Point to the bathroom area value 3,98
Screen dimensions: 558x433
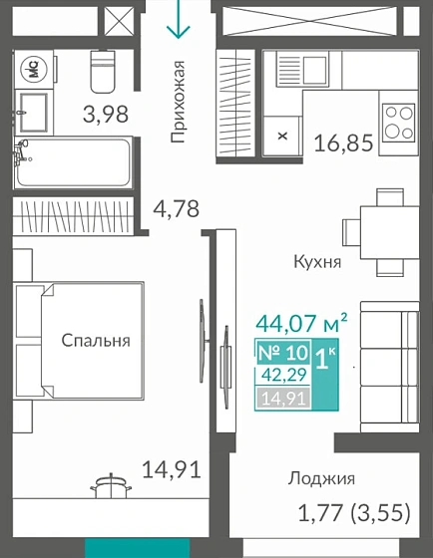tap(103, 115)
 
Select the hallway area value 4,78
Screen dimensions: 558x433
tap(176, 209)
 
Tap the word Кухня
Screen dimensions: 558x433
tap(317, 263)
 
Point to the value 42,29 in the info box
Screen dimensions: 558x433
tap(283, 377)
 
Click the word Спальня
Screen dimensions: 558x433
tap(96, 341)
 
